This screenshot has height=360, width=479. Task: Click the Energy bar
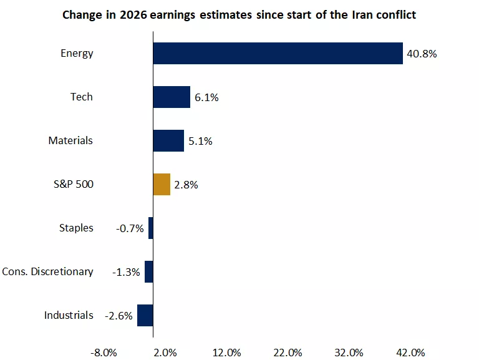click(278, 53)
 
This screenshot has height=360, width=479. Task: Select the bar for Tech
click(172, 97)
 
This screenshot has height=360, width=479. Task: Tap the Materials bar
click(168, 140)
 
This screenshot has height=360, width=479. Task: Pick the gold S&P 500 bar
click(162, 184)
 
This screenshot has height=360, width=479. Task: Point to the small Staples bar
click(151, 228)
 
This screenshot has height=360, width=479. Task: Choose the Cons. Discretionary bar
click(149, 271)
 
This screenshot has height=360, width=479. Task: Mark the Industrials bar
click(145, 315)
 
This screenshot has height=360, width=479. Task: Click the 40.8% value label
click(422, 54)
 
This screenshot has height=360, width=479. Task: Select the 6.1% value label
click(206, 97)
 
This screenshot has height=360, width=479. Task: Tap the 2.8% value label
click(186, 185)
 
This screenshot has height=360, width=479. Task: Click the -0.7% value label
click(130, 228)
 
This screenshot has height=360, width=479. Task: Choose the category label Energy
click(77, 53)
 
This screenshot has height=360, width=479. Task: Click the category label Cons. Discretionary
click(48, 271)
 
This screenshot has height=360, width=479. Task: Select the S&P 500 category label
click(74, 184)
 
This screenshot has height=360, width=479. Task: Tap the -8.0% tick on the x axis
click(104, 353)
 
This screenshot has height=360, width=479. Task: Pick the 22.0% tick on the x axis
click(288, 353)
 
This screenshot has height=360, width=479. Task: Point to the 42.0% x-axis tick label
click(410, 353)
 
